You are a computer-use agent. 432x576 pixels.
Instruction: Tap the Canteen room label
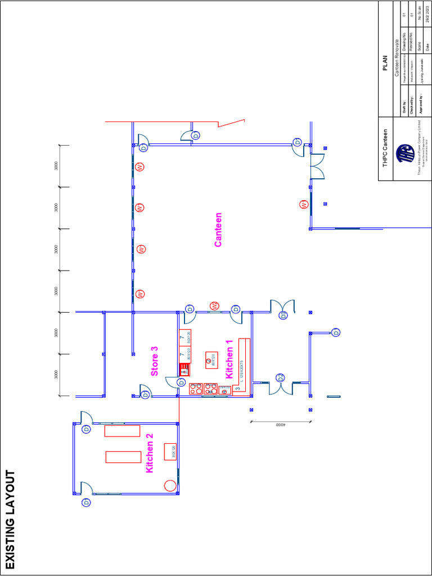click(x=218, y=229)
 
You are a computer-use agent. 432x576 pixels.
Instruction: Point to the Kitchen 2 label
click(x=150, y=453)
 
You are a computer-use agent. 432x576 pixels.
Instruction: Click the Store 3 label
click(x=154, y=361)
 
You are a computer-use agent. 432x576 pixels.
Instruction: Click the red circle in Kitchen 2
click(x=168, y=485)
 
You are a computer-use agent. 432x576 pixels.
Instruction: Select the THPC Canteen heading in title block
click(x=386, y=146)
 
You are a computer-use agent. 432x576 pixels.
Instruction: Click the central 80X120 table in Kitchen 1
click(x=211, y=361)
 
